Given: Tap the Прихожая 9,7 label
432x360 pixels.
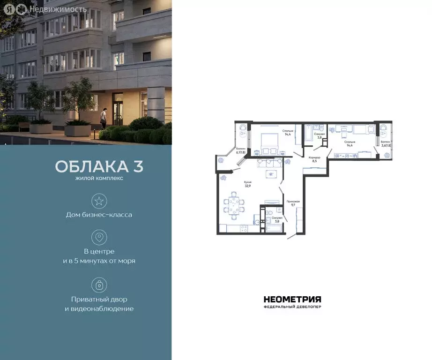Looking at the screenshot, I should pyautogui.click(x=293, y=203).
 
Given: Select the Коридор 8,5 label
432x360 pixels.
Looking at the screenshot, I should pyautogui.click(x=314, y=159).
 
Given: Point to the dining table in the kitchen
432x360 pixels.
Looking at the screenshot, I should pyautogui.click(x=234, y=205).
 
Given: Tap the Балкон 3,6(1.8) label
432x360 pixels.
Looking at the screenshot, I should pyautogui.click(x=386, y=143).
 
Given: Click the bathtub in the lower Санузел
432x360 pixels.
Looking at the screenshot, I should pyautogui.click(x=274, y=228).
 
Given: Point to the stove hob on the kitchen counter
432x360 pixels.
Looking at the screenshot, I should pyautogui.click(x=243, y=228).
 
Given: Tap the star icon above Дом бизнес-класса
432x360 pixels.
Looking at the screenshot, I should pyautogui.click(x=99, y=202).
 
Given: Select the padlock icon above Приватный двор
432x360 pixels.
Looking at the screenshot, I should pyautogui.click(x=99, y=285).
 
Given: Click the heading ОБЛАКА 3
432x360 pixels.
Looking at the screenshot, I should pyautogui.click(x=99, y=166).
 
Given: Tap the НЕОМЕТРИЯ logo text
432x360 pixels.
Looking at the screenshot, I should pyautogui.click(x=292, y=299).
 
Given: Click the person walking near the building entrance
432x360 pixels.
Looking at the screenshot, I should pyautogui.click(x=104, y=117).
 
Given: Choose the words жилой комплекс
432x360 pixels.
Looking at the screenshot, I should pyautogui.click(x=99, y=179).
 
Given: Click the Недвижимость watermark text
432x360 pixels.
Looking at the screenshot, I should pyautogui.click(x=58, y=8).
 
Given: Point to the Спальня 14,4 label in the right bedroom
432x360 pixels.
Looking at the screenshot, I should pyautogui.click(x=350, y=143).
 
